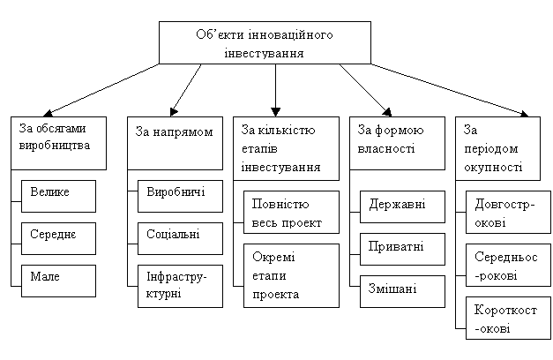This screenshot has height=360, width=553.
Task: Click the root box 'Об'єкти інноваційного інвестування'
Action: [265, 42]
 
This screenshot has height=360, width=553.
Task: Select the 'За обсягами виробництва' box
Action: [58, 143]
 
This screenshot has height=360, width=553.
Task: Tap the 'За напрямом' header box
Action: [175, 143]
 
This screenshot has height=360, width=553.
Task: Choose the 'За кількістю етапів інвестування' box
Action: [286, 148]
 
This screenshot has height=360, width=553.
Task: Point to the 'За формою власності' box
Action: [397, 143]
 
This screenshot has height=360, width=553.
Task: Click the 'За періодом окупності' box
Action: [497, 148]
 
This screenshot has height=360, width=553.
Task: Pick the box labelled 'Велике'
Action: [58, 196]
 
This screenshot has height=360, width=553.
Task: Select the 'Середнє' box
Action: [58, 238]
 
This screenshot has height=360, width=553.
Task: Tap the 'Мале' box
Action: [58, 281]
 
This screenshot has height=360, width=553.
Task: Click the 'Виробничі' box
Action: [180, 196]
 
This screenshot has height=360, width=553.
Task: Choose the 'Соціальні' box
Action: [180, 238]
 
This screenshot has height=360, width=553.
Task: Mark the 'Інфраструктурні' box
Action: [180, 286]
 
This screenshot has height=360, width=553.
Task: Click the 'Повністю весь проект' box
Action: [291, 212]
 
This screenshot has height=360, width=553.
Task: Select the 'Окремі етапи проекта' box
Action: [291, 275]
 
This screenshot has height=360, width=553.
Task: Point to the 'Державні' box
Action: [402, 206]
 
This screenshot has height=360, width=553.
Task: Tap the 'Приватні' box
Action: [402, 249]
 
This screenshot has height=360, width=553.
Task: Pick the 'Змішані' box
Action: [402, 291]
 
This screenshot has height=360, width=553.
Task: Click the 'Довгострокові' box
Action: [508, 212]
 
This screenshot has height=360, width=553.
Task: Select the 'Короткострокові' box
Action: [508, 318]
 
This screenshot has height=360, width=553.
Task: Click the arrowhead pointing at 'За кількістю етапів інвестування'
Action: [275, 112]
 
